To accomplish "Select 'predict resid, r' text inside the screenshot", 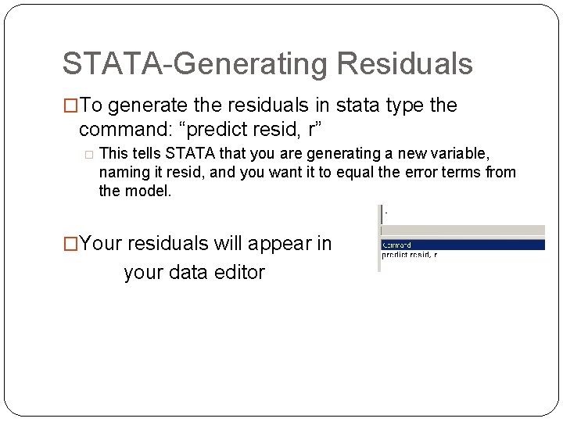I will (410, 255).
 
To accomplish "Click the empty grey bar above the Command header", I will (461, 231).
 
